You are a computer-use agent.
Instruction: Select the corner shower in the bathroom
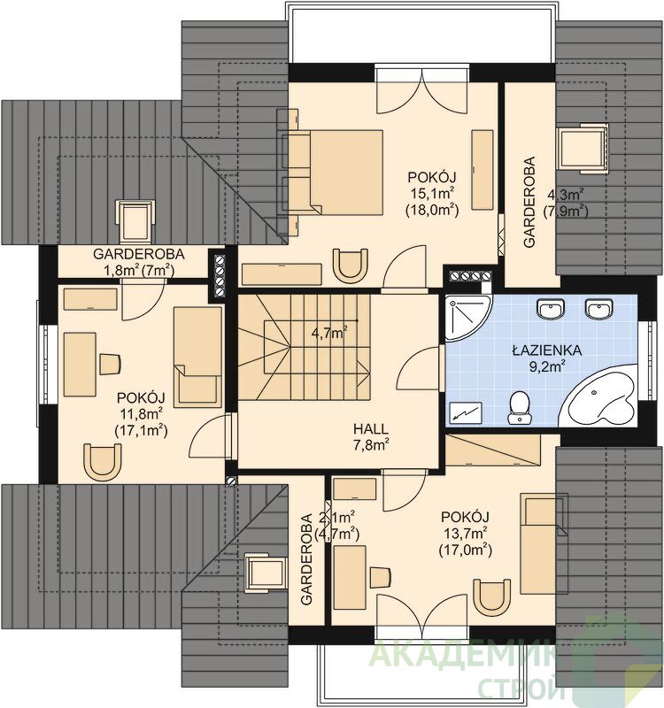coord(467,318)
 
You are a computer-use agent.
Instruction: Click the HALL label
coord(371,428)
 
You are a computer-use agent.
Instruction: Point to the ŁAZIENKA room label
coord(546,350)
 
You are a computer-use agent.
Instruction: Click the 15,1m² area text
coord(432,193)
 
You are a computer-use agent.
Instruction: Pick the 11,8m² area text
coord(141,413)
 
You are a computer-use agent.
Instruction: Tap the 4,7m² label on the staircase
coord(329,334)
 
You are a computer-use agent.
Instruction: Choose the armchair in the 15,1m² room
coord(350,265)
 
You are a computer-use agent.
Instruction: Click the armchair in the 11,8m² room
coord(103,461)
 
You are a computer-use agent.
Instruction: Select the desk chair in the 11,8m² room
coord(110,364)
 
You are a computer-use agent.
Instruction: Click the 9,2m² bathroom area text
coord(548,366)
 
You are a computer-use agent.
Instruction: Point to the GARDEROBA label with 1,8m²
coord(139,254)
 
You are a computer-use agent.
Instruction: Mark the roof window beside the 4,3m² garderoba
coord(582,148)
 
